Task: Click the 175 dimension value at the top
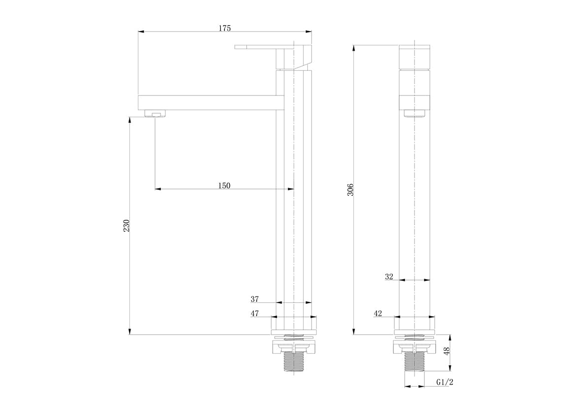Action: pyautogui.click(x=224, y=28)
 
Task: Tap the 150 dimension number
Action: pyautogui.click(x=224, y=186)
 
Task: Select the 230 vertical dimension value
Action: pyautogui.click(x=126, y=225)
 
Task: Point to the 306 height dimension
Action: pyautogui.click(x=350, y=189)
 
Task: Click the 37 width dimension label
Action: pyautogui.click(x=255, y=299)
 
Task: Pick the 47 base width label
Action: pyautogui.click(x=255, y=313)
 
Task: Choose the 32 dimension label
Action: pyautogui.click(x=389, y=277)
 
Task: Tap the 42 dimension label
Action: pyautogui.click(x=378, y=313)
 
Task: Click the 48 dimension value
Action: pyautogui.click(x=447, y=351)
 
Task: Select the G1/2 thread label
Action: pyautogui.click(x=445, y=382)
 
